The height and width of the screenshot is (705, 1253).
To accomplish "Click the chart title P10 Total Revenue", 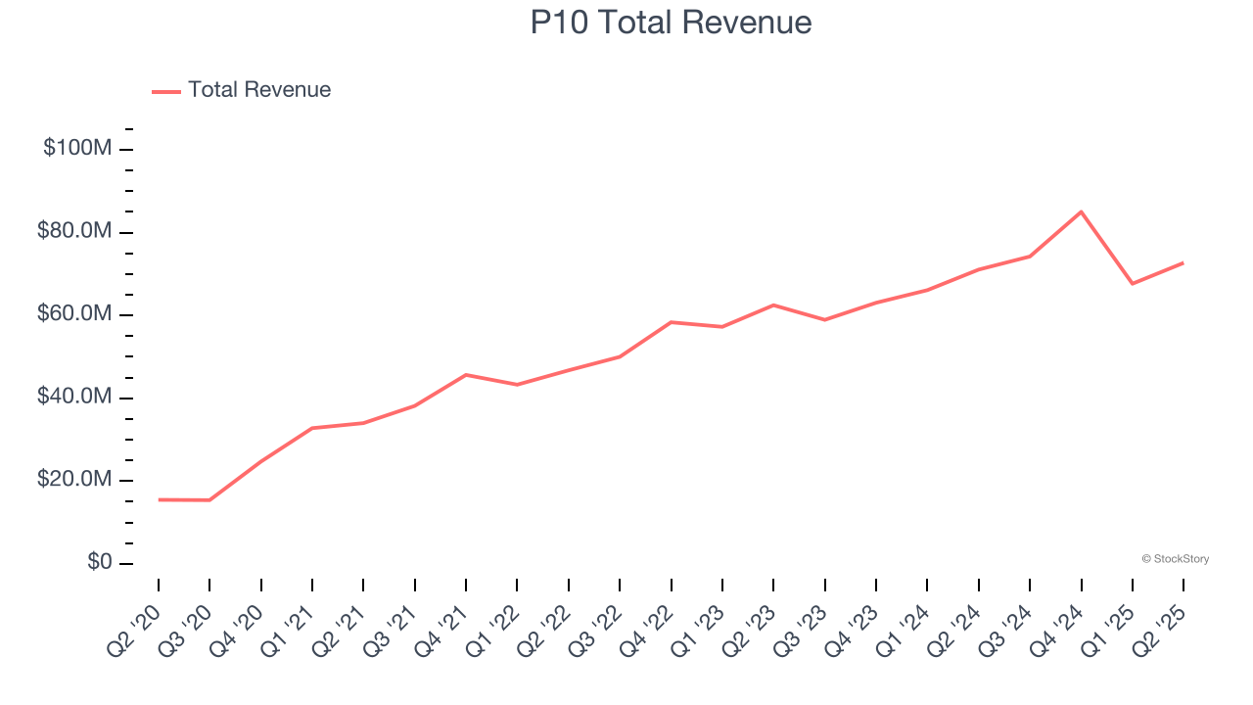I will tap(671, 23).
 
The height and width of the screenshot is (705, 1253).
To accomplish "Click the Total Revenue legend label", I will tap(259, 90).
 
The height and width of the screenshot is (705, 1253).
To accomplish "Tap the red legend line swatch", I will tap(166, 91).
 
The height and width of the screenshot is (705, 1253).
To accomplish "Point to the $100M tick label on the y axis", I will tap(76, 149).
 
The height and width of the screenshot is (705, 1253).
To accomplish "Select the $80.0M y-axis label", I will tap(74, 232).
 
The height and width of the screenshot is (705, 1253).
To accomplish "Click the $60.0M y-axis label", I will tap(74, 314).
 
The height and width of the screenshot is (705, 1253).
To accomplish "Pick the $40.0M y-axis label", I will tap(74, 398).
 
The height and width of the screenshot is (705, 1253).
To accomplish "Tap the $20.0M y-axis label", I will tap(74, 481).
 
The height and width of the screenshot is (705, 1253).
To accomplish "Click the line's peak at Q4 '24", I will tap(1081, 211).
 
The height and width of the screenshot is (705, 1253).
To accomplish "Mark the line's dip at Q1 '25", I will tap(1133, 283).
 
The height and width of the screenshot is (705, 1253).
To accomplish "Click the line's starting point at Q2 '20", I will tap(159, 499).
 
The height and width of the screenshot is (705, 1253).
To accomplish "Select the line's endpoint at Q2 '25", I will tap(1183, 262).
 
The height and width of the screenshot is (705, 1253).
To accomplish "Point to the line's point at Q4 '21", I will tap(466, 375).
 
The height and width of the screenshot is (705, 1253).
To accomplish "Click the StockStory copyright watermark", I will tap(1175, 559).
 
